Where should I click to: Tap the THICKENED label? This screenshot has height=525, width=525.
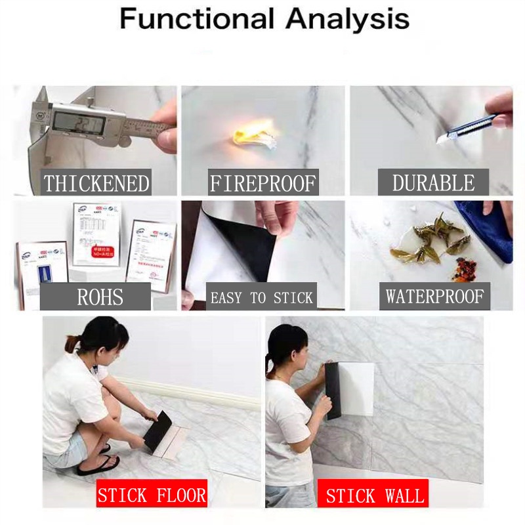coord(97,183)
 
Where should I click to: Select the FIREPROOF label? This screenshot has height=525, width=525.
coord(262,183)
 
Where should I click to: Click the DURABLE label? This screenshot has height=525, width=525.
coord(432,182)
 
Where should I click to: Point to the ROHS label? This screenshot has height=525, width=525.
coord(100,297)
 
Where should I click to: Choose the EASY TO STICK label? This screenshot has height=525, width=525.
coord(261,298)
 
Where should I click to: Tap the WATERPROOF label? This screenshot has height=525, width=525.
coord(434,297)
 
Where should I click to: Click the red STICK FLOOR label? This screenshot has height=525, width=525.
coord(152,494)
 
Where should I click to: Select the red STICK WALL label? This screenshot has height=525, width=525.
coord(375,494)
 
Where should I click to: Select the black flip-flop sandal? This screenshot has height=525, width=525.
coord(98,464)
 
